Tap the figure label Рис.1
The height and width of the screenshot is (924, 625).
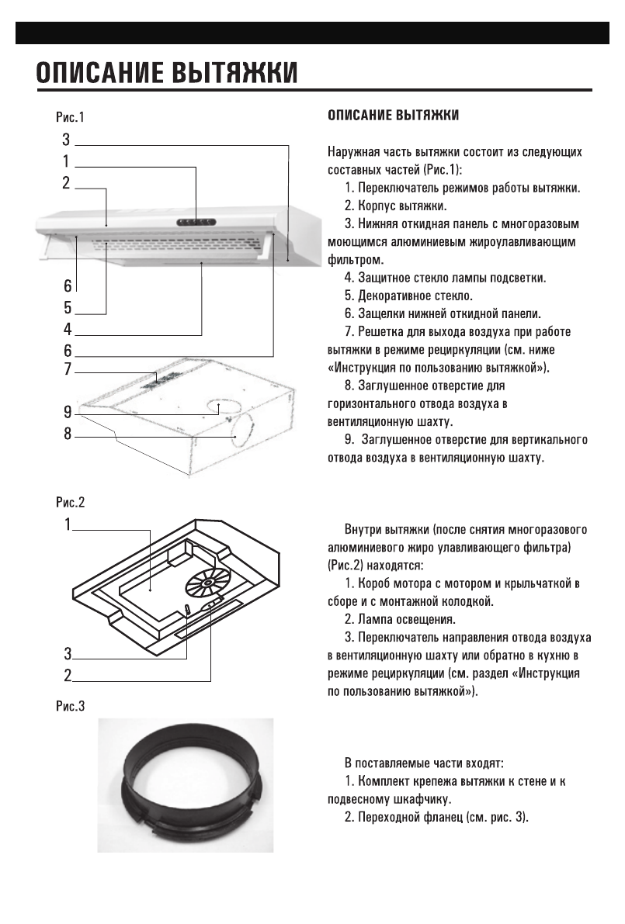69,118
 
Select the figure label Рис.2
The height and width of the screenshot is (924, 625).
69,502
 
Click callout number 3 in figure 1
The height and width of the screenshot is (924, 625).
66,140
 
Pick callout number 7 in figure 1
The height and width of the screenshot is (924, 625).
68,369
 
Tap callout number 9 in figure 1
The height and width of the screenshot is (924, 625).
68,411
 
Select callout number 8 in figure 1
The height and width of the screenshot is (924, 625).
68,434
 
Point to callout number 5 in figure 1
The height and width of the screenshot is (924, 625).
68,307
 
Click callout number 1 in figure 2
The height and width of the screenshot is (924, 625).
68,524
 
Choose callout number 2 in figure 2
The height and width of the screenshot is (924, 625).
68,675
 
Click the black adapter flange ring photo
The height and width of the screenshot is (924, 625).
185,784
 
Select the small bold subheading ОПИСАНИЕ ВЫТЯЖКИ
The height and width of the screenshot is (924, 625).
393,117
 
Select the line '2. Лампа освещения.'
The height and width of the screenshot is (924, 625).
400,620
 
